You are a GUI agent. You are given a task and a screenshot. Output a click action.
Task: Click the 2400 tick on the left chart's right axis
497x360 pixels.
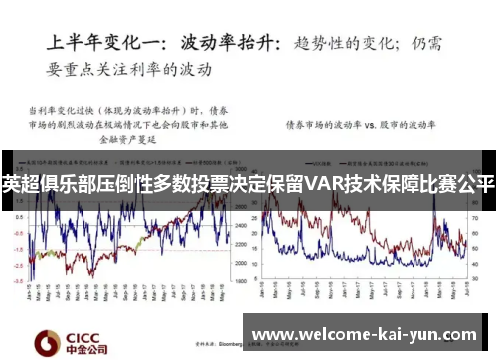click(242, 227)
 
